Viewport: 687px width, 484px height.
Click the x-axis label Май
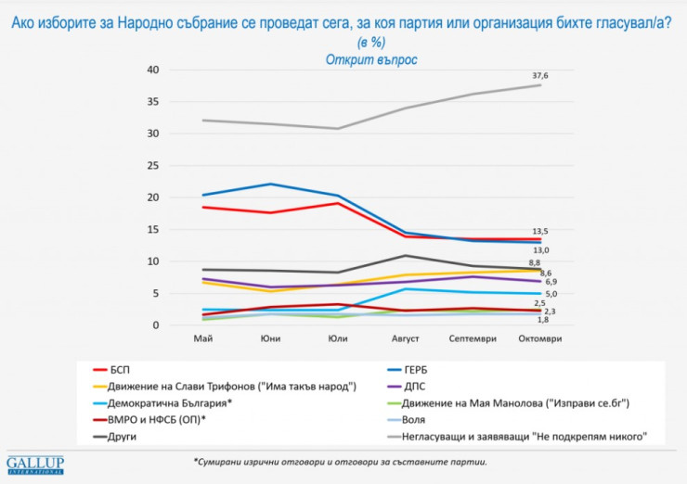[x=203, y=338]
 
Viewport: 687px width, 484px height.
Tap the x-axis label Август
[x=406, y=338]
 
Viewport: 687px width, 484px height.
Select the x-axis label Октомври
[x=540, y=338]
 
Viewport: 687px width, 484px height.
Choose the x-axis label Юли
[x=338, y=338]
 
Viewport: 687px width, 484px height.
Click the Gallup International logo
[x=35, y=464]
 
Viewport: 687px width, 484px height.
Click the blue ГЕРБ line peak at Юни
[x=271, y=184]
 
